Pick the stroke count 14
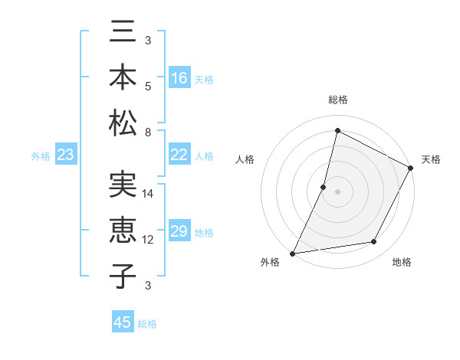(x=149, y=194)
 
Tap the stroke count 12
(x=149, y=240)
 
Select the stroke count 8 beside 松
(x=148, y=132)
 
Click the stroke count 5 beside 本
(x=148, y=86)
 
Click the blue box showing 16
(x=179, y=77)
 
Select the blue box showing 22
(x=179, y=155)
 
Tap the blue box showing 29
(x=179, y=231)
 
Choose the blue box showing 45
(x=123, y=322)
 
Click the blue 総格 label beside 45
(x=147, y=324)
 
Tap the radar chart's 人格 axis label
(x=245, y=159)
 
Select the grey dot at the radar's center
(x=337, y=191)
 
